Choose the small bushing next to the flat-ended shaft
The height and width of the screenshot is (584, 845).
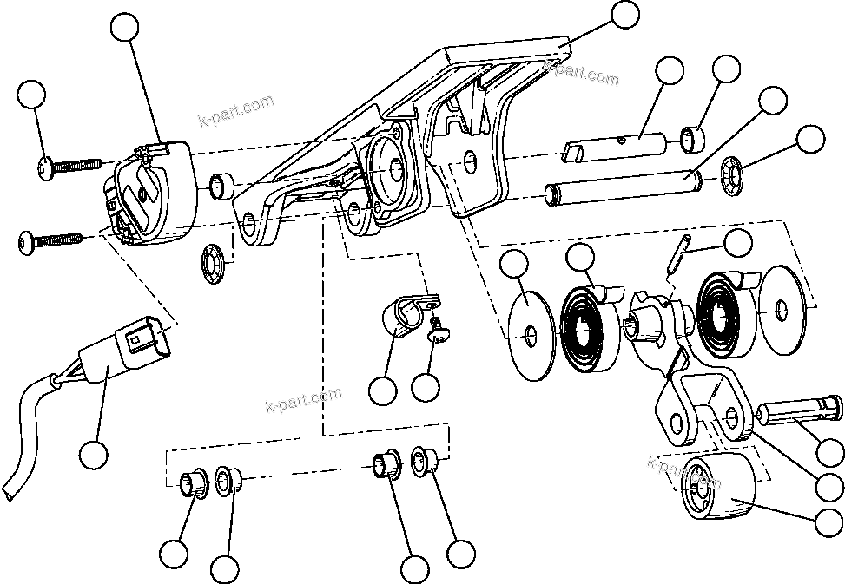coord(691,139)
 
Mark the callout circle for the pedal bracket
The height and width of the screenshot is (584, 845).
coord(624,15)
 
